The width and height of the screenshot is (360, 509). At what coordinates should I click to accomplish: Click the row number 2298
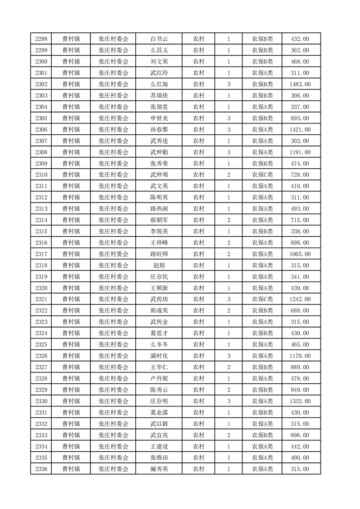pos(41,39)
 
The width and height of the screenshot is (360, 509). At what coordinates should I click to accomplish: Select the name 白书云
pos(159,39)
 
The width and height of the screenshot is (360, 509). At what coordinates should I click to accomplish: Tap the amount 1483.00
pos(300,84)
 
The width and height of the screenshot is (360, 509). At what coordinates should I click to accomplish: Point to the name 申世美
pos(159,118)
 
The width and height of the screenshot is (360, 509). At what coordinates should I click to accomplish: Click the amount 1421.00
pos(300,130)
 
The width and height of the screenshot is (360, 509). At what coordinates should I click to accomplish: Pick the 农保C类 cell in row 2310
pos(262,175)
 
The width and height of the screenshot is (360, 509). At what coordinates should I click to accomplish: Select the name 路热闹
pos(159,209)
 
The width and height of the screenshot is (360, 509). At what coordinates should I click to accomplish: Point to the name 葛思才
pos(159,333)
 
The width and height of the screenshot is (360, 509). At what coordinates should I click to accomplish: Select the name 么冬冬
pos(159,344)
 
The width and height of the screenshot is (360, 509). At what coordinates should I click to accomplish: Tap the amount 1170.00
pos(300,356)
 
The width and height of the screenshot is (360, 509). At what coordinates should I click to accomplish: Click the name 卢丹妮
pos(159,378)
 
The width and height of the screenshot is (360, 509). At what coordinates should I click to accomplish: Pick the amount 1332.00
pos(300,401)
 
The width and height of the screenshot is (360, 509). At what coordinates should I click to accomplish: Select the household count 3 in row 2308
pos(228,152)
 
